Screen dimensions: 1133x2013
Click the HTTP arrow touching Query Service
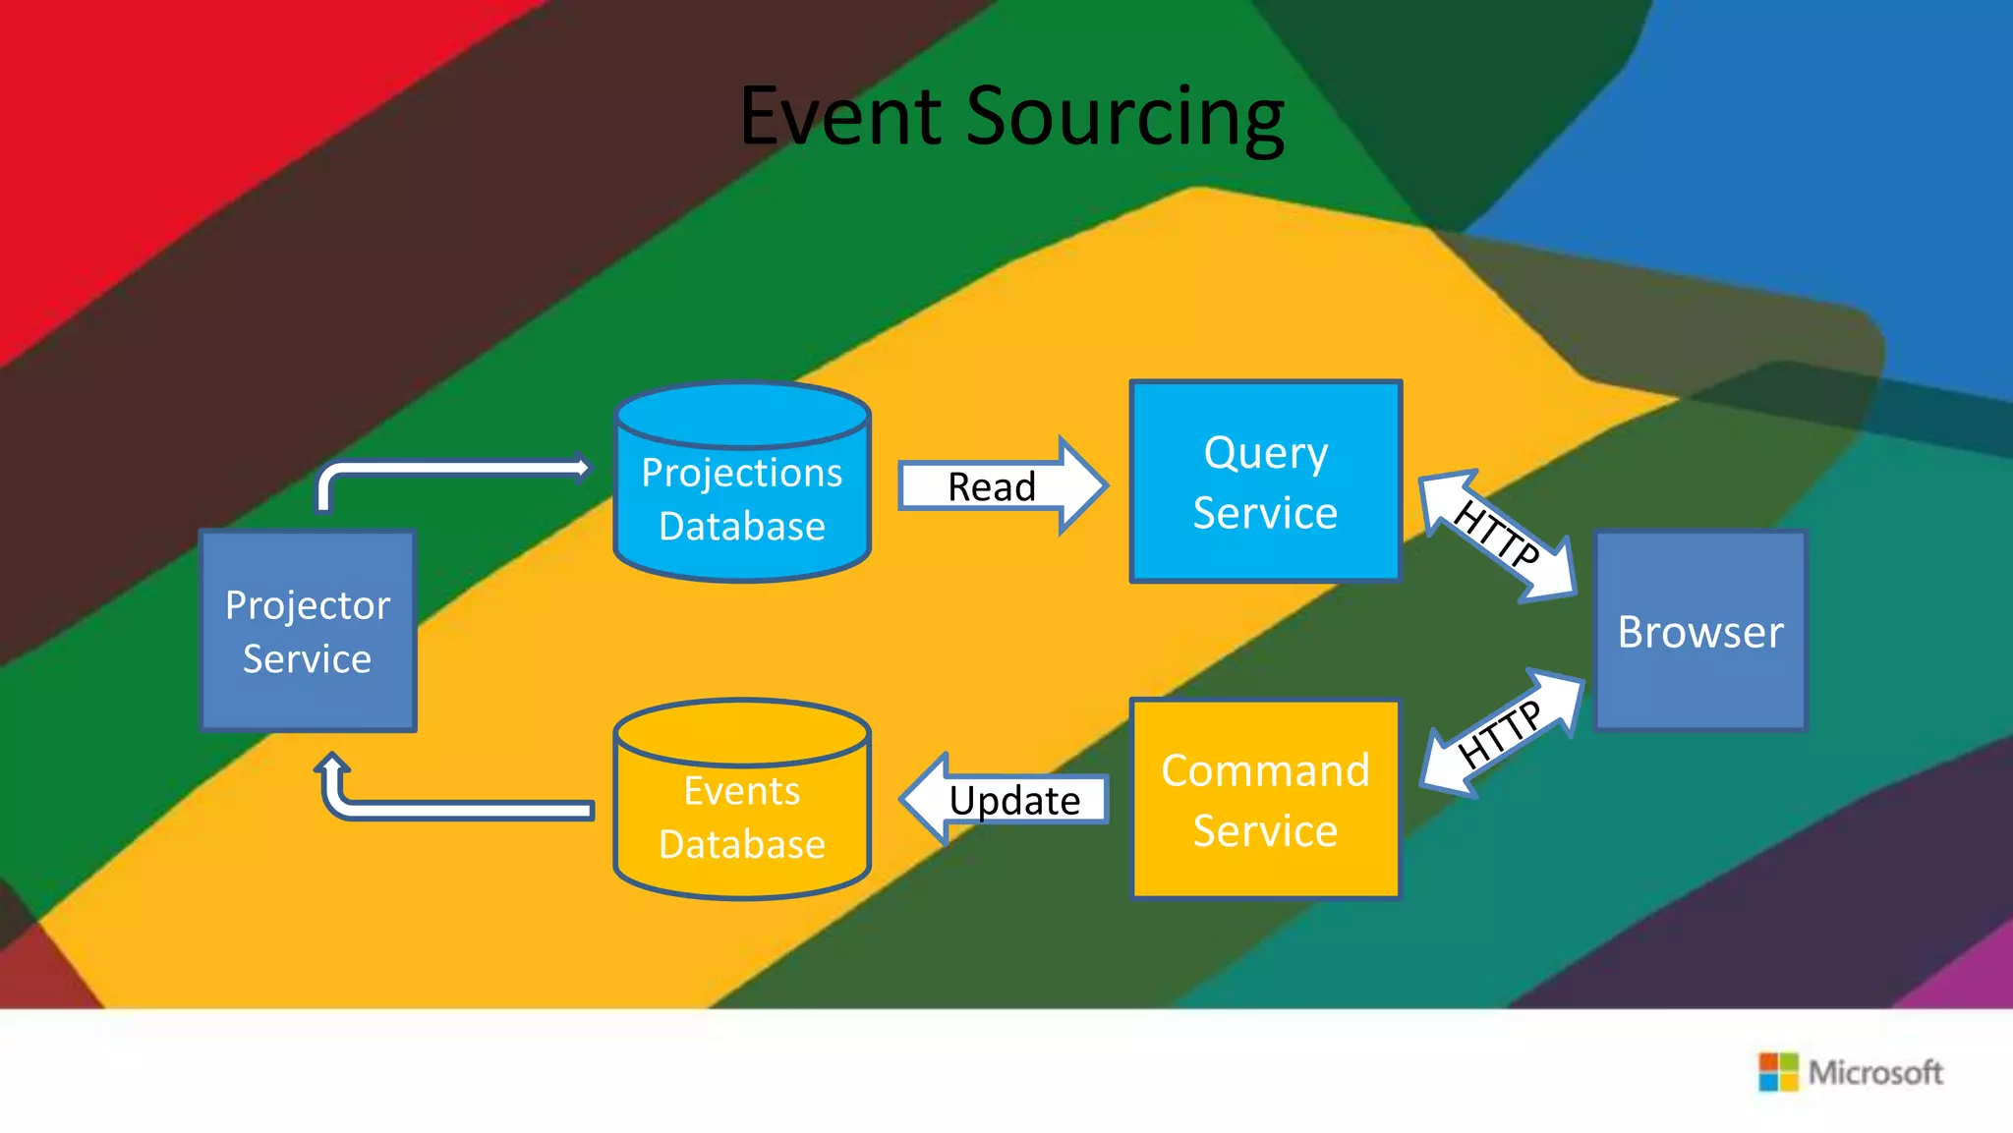[x=1497, y=536]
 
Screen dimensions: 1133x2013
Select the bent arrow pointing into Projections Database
[x=442, y=469]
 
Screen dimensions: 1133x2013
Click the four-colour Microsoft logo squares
[x=1778, y=1072]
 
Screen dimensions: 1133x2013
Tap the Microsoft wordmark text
[x=1875, y=1072]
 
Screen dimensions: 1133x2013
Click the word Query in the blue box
[x=1265, y=454]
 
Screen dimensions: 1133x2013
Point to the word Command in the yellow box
[x=1265, y=770]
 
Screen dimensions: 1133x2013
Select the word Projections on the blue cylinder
[x=742, y=473]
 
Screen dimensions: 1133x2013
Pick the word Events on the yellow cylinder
[x=742, y=791]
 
